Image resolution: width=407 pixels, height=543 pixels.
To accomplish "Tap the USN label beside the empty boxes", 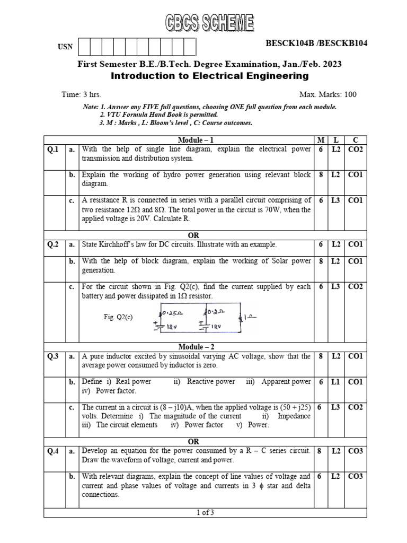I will click(x=65, y=47).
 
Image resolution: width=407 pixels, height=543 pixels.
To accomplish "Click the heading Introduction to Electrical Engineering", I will click(x=209, y=76).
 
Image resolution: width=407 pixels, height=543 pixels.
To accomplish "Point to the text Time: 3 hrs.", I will click(x=81, y=94).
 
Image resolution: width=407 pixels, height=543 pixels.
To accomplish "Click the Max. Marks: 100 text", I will click(x=328, y=94).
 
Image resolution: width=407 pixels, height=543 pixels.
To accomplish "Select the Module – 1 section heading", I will click(x=196, y=140).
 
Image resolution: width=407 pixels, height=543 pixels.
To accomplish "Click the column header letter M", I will click(x=321, y=140).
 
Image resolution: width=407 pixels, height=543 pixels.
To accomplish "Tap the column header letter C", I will click(x=355, y=140).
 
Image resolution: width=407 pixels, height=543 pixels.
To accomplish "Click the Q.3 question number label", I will click(x=53, y=356).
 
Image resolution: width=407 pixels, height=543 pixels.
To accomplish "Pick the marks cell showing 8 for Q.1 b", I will click(x=321, y=174).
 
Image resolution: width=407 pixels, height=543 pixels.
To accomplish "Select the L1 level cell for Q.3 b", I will click(x=336, y=382).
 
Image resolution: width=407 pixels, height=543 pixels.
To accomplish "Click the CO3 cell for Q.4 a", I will click(x=355, y=451).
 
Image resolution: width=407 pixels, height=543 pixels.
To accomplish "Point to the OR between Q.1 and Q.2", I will click(x=193, y=235).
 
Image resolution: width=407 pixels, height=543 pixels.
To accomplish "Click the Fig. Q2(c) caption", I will click(x=118, y=317).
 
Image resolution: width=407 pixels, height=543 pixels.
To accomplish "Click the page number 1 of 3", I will click(x=205, y=512).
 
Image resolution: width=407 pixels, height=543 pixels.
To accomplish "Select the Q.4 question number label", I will click(x=53, y=451).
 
